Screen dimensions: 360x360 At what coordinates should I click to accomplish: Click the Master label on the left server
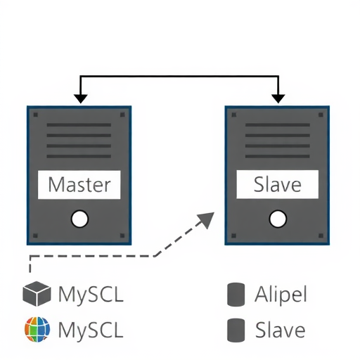coord(79,185)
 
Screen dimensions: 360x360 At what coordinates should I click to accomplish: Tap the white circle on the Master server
coord(80,220)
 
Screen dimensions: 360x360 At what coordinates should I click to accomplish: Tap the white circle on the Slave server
coord(278,220)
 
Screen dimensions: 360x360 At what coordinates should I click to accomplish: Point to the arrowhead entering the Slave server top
coord(279,98)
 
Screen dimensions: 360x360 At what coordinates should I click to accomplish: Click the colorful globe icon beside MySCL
coord(37,329)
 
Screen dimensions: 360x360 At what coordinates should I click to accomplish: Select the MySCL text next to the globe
coord(91,329)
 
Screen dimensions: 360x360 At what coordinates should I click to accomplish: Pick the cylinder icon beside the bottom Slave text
coord(236,329)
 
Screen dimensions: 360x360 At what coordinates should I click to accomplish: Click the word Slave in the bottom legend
coord(280,329)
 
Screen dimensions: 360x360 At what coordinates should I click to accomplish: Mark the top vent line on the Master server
coord(79,125)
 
